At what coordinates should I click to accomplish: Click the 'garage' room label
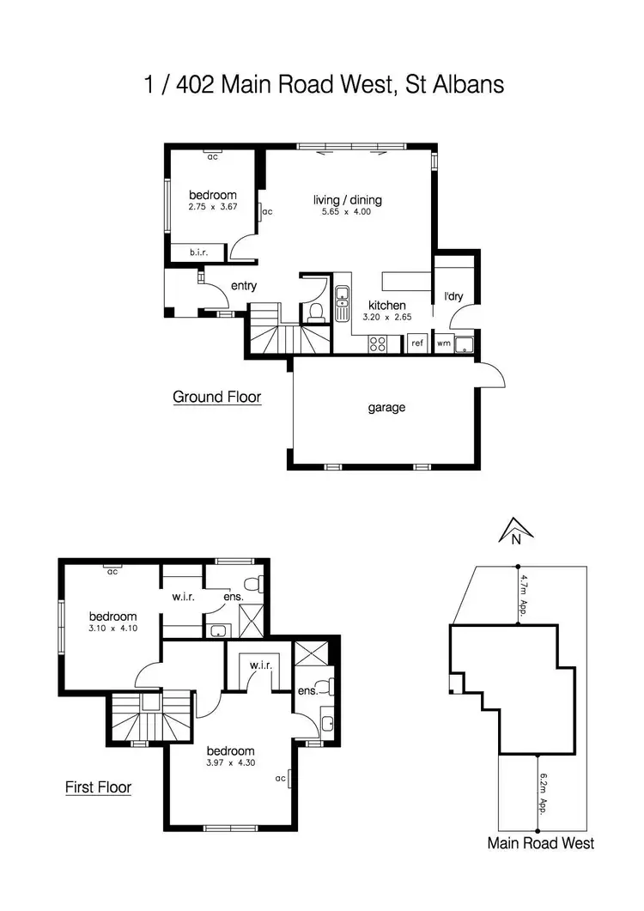[386, 408]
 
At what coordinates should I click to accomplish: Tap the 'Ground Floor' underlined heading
[216, 397]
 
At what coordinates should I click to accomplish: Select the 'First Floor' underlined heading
[99, 786]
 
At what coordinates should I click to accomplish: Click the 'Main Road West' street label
[540, 843]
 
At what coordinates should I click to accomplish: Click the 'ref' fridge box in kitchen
[417, 343]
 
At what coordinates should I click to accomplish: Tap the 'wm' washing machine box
[443, 343]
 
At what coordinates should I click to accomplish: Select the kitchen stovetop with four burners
[378, 343]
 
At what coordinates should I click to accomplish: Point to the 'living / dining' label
[347, 200]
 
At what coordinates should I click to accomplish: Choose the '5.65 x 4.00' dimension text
[347, 212]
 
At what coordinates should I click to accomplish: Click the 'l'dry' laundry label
[453, 297]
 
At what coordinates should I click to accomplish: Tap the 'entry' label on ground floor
[244, 287]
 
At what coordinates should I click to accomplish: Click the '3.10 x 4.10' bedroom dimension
[113, 628]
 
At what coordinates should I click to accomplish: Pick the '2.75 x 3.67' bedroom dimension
[211, 207]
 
